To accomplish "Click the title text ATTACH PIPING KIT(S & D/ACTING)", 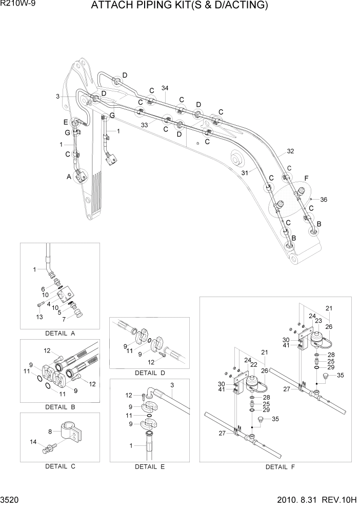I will point(179,6).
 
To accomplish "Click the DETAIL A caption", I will point(59,333).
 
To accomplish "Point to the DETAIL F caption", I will point(280,467).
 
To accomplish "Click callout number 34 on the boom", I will point(165,88).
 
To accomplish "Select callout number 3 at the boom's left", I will point(58,96).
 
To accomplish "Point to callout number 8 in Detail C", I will point(50,432).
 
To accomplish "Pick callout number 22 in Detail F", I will point(253,364).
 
